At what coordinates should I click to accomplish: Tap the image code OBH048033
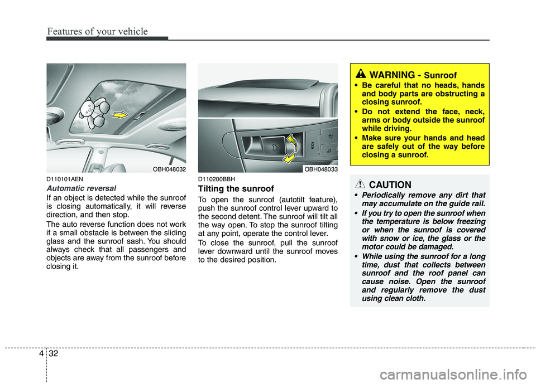click(320, 168)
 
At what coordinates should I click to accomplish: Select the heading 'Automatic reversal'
click(81, 188)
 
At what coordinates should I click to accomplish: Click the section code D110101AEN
click(65, 179)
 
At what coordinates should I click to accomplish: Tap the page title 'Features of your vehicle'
click(98, 31)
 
